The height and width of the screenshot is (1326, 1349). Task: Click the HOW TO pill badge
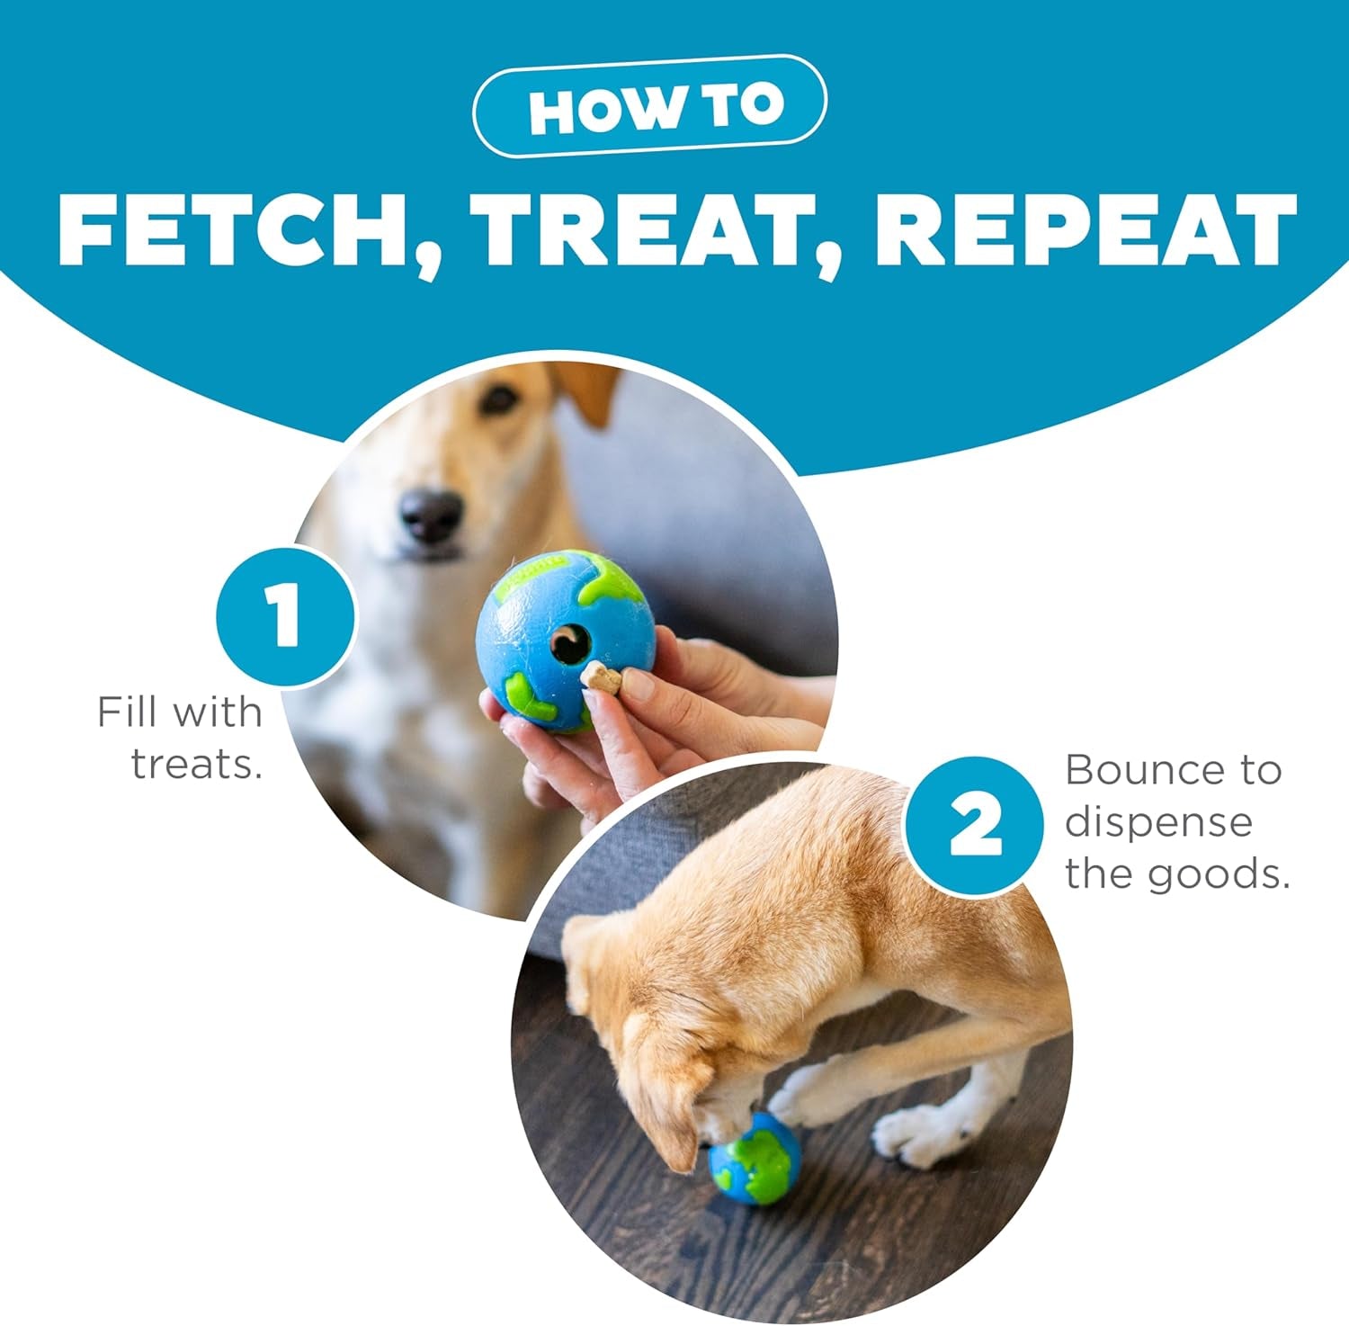click(x=649, y=107)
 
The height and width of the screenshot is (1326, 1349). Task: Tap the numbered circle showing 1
click(x=285, y=616)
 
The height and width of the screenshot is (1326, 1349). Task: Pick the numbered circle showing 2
click(x=975, y=826)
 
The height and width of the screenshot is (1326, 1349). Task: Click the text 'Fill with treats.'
click(x=184, y=738)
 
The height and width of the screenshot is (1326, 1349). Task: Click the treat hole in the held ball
click(x=569, y=643)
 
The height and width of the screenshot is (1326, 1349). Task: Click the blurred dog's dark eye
click(x=497, y=399)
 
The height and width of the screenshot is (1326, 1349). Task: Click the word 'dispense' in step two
click(x=1158, y=822)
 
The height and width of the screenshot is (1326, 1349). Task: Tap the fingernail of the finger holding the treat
click(x=636, y=686)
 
